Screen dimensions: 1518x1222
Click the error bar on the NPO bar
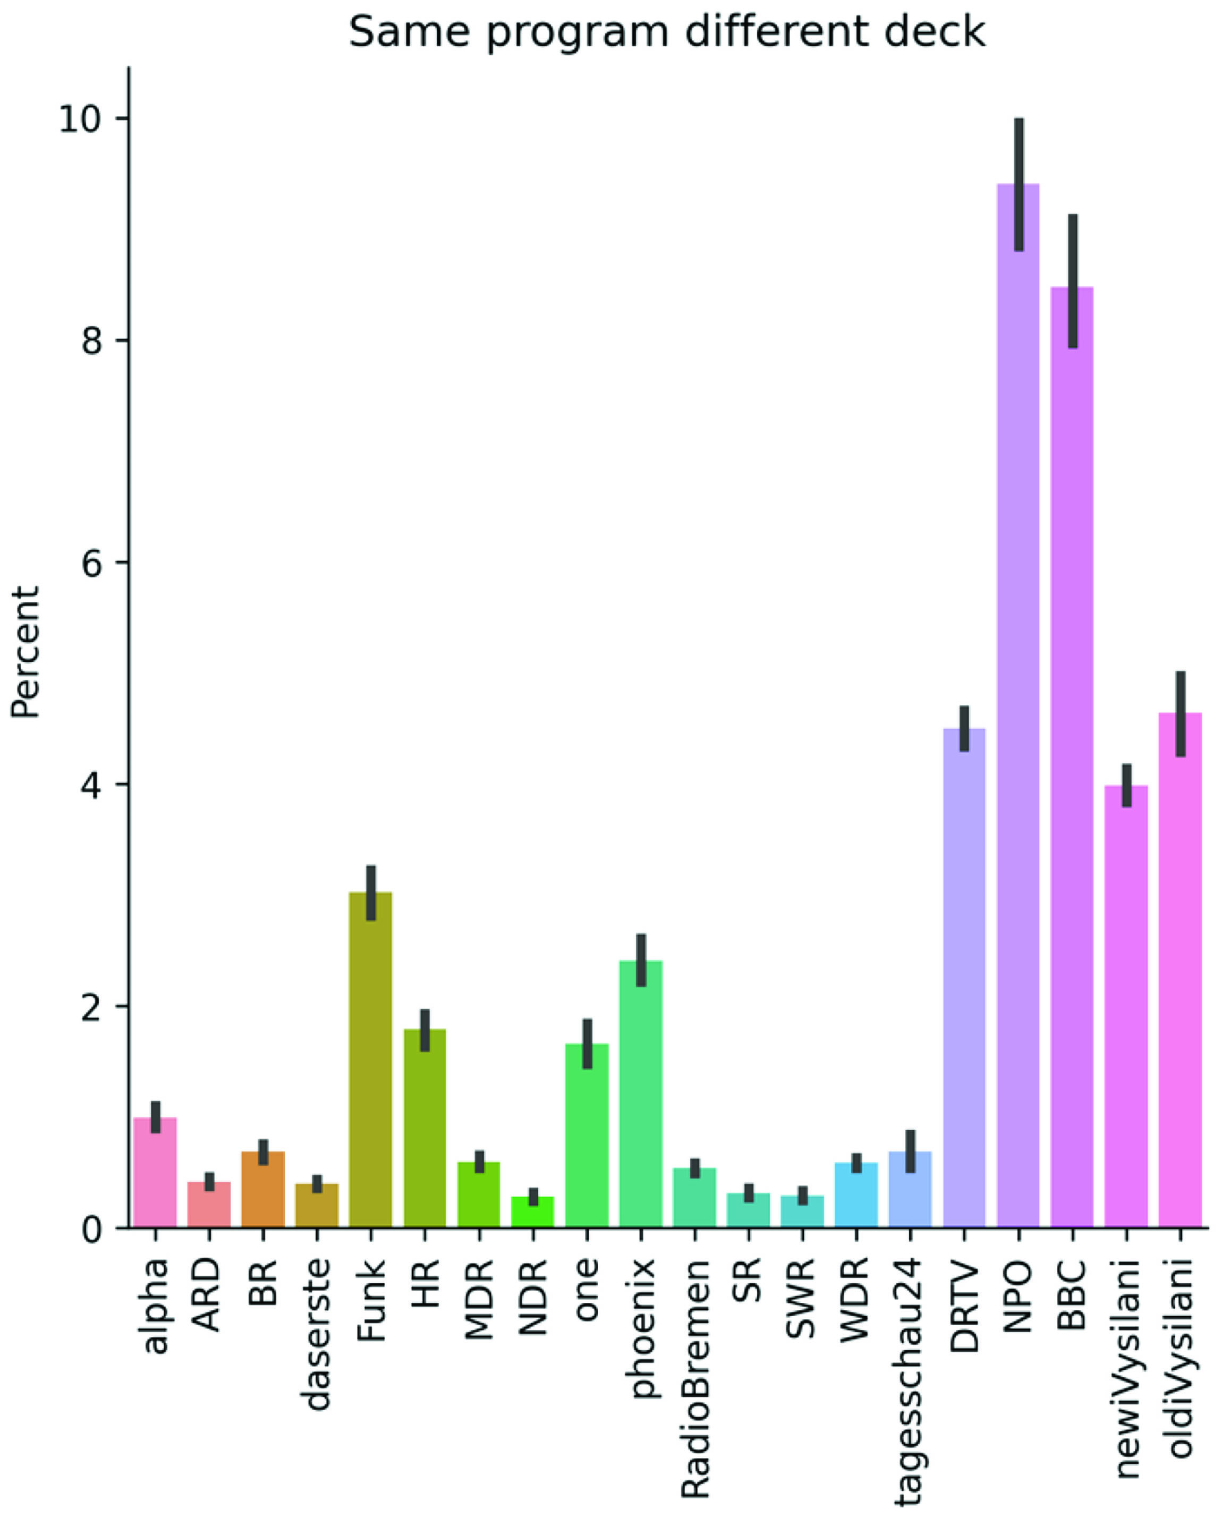[1019, 184]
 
